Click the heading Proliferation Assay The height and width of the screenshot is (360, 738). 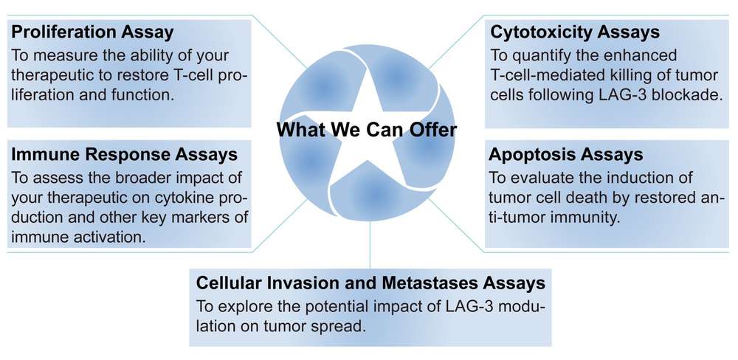pyautogui.click(x=92, y=32)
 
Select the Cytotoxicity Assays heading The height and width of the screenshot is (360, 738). pyautogui.click(x=575, y=32)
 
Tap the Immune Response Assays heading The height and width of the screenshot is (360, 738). pyautogui.click(x=123, y=154)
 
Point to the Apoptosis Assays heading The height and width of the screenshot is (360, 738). pyautogui.click(x=565, y=154)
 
